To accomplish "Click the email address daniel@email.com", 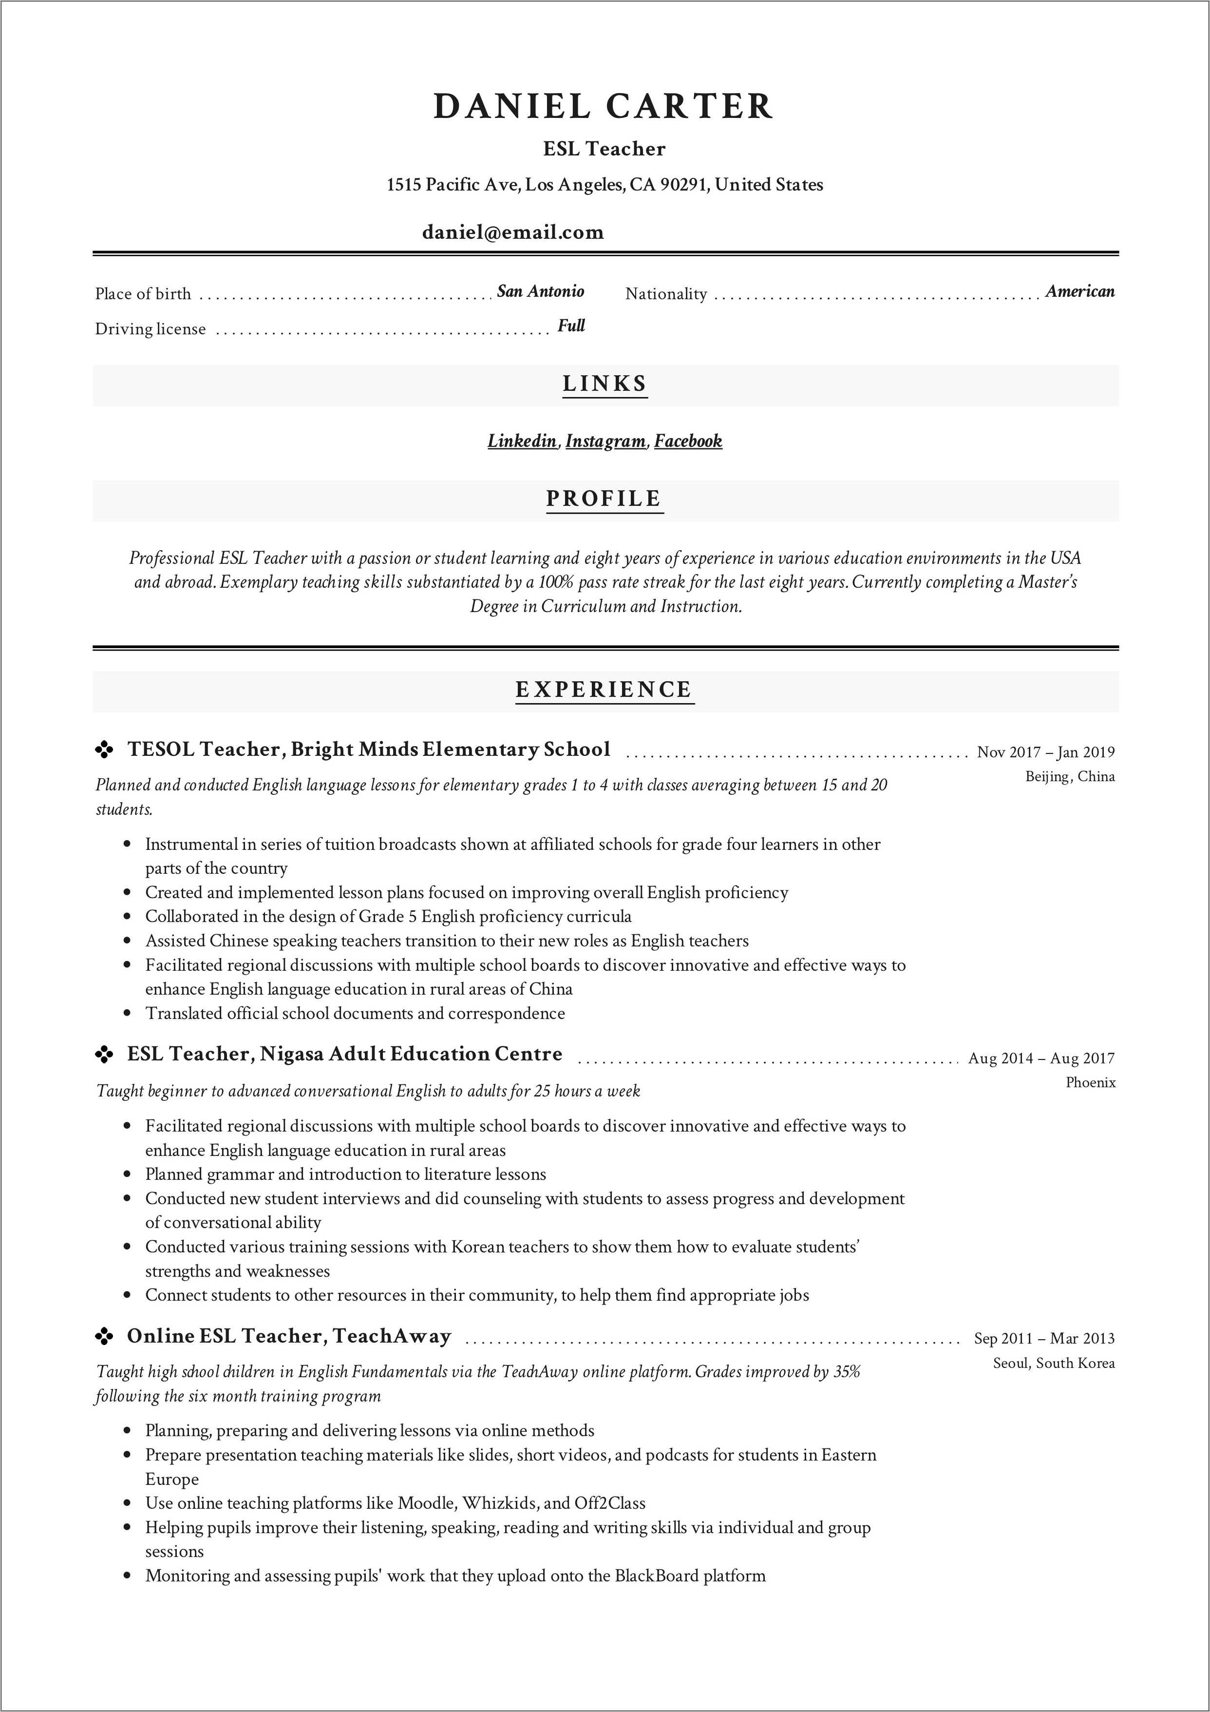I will click(513, 232).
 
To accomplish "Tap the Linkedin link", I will click(522, 441).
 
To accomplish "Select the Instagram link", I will click(605, 441).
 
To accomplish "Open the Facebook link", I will click(688, 441).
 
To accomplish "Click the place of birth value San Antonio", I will click(541, 291).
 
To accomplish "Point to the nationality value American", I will click(1079, 291).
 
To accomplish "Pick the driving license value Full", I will click(571, 326).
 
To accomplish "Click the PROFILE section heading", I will click(604, 499).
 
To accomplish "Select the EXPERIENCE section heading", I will click(604, 690).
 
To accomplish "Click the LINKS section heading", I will click(605, 384).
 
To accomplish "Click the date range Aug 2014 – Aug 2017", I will click(1041, 1058).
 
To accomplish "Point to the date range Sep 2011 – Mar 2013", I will click(1044, 1338).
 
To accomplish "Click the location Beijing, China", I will click(1070, 777).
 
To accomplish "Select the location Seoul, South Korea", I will click(1054, 1363).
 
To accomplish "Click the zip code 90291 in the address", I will click(683, 185).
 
